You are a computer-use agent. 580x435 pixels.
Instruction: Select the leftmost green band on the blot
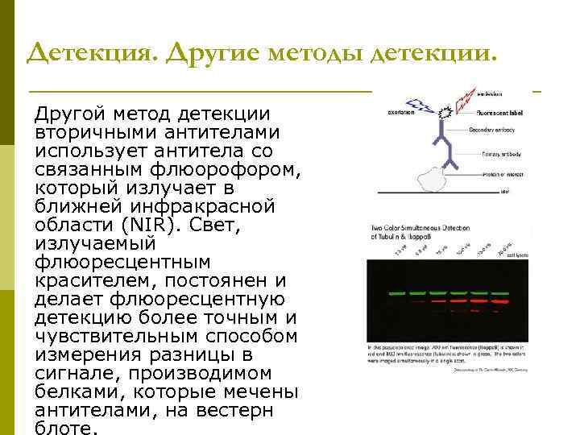coord(396,294)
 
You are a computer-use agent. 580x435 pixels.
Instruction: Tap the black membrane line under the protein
coord(435,193)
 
